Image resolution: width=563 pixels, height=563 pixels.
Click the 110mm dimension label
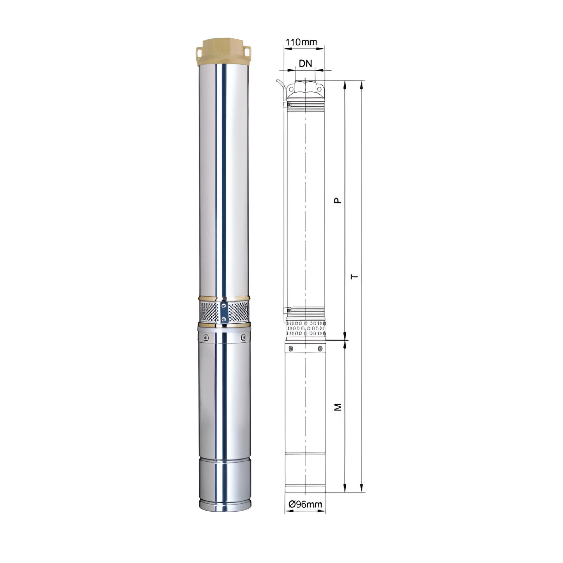301,42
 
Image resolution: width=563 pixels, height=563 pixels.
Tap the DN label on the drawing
305,63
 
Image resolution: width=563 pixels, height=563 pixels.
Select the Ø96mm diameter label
305,504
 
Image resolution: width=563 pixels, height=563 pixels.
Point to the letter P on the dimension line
338,200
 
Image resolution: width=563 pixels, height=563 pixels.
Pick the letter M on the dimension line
338,407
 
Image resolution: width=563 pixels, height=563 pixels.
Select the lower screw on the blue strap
223,319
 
